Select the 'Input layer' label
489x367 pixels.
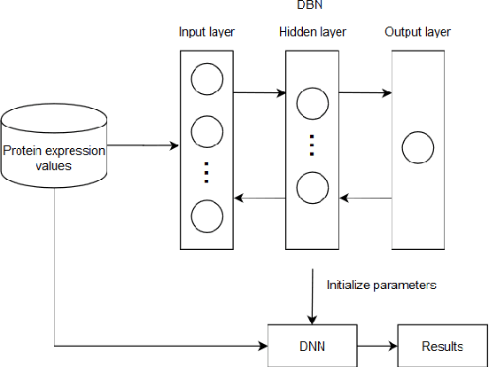pos(206,33)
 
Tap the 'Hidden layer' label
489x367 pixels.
pos(312,33)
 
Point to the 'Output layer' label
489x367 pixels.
pos(418,33)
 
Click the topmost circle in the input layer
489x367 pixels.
pos(206,80)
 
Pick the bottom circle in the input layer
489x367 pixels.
pos(206,216)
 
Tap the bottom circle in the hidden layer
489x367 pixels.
pos(312,189)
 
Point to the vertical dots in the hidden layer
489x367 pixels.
pos(312,144)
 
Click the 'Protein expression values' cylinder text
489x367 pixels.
pos(53,158)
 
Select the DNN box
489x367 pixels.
pos(312,345)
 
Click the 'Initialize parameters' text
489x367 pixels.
pos(381,285)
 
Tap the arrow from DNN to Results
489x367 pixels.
pos(376,345)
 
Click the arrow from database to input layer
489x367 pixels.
pos(142,144)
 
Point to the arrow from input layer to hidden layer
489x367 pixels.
pos(259,91)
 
